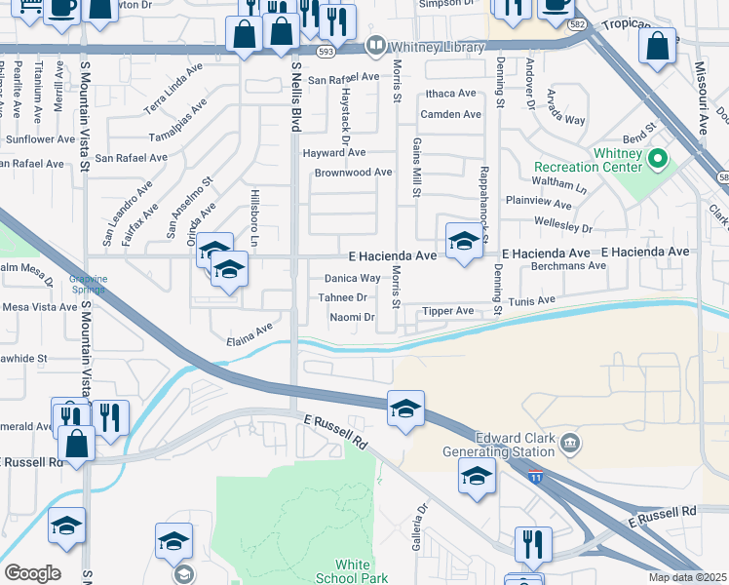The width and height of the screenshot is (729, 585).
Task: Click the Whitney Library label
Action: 437,47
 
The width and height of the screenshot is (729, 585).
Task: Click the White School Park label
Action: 352,571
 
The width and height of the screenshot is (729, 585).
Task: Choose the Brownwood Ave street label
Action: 353,173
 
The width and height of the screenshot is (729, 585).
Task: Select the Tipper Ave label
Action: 447,311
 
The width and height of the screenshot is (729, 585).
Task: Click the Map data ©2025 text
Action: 687,577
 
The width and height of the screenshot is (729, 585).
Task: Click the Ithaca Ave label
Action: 448,94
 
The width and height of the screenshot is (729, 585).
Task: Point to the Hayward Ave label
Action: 333,152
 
